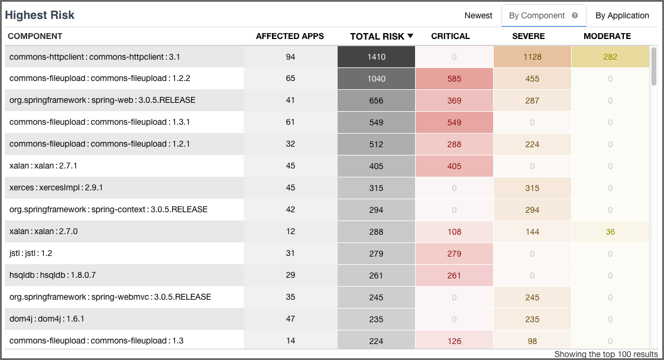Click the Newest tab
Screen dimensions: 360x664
tap(478, 15)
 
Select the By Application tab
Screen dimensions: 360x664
tap(621, 15)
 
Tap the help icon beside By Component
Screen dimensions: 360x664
tap(575, 16)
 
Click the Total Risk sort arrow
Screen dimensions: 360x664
tap(410, 36)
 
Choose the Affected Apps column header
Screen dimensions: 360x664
tap(290, 36)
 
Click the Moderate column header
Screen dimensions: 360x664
tap(607, 36)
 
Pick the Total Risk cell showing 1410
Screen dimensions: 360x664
tap(376, 57)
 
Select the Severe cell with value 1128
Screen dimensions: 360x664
tap(532, 57)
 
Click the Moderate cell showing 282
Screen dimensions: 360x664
tap(610, 57)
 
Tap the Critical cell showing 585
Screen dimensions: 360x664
tap(454, 79)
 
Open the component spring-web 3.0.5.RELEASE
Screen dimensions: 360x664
tap(102, 100)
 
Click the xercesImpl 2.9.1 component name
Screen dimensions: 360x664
tap(57, 187)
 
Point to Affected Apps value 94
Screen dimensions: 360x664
tap(290, 57)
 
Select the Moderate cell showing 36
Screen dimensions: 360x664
tap(610, 232)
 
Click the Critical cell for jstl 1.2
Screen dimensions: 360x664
tap(454, 254)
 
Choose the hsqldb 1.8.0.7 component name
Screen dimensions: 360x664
tap(53, 275)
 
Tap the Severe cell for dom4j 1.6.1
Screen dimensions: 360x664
tap(532, 319)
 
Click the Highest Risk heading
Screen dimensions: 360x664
tap(40, 15)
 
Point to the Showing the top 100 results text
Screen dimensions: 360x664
tap(605, 354)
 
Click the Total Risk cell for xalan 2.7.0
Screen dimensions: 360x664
tap(376, 232)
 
